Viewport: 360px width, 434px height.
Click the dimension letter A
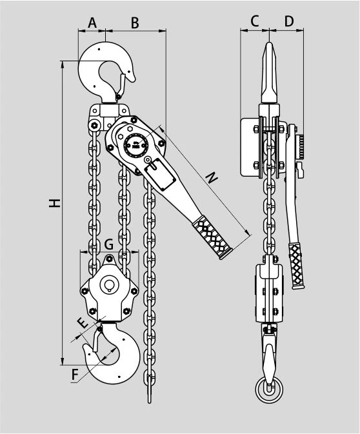(x=92, y=23)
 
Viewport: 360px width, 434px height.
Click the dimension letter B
(x=135, y=23)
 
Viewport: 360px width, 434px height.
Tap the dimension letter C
(x=254, y=21)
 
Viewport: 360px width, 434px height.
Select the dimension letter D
(x=289, y=21)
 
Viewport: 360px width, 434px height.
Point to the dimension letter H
(x=55, y=203)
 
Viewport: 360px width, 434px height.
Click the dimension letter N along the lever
(x=212, y=177)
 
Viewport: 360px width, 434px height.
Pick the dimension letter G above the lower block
(x=109, y=244)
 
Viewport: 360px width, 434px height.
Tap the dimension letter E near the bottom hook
(x=83, y=322)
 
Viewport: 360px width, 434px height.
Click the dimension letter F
(x=75, y=375)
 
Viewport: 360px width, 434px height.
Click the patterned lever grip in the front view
(x=212, y=237)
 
